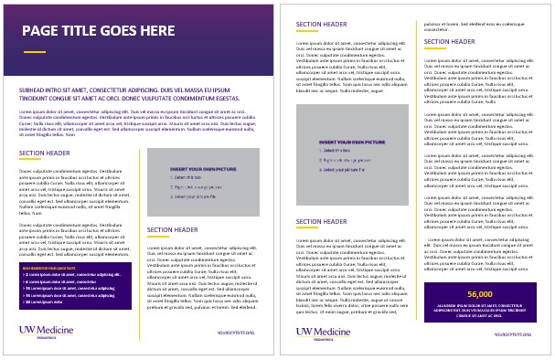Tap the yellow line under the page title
34,52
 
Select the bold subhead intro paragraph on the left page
135,94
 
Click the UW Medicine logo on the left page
45,332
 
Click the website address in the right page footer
512,334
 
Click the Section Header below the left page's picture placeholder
173,230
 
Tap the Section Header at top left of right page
322,26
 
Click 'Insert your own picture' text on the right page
350,143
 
